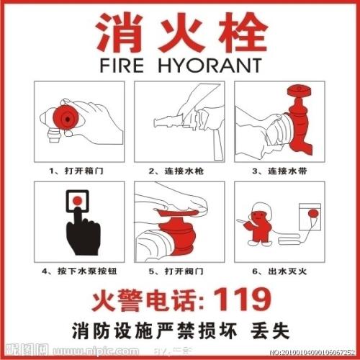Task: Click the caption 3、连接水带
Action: click(x=276, y=171)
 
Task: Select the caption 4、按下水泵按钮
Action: click(x=78, y=271)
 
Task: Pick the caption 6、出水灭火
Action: click(x=276, y=271)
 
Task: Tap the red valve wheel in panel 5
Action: click(x=176, y=216)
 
